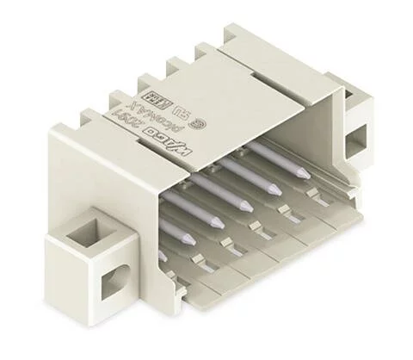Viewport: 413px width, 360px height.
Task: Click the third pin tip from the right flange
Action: point(244,206)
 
